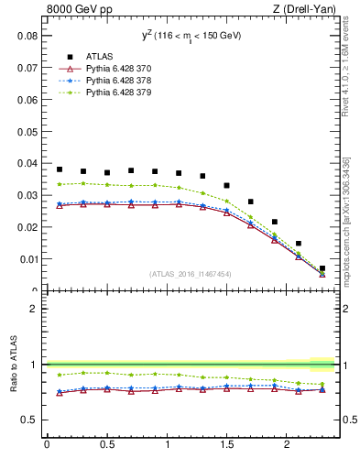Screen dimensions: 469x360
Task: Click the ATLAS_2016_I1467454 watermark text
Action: click(x=191, y=274)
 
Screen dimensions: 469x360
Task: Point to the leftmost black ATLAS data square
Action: click(x=60, y=169)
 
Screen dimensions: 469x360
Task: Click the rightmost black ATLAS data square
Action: click(x=322, y=268)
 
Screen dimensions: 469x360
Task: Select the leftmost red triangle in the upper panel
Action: click(x=60, y=205)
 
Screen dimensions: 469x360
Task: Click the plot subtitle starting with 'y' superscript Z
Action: click(x=191, y=36)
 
